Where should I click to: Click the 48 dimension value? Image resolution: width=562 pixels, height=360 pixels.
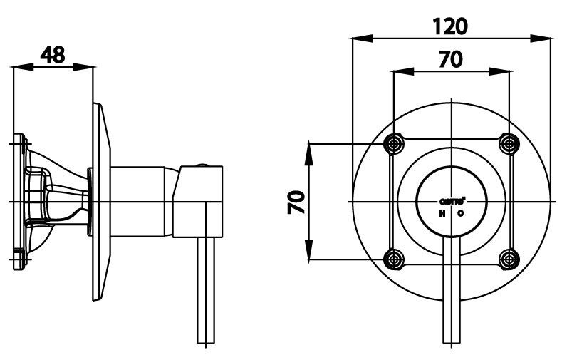[53, 54]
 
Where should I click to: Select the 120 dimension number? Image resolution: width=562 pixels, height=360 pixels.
[451, 26]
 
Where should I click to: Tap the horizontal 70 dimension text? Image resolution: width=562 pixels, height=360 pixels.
[450, 59]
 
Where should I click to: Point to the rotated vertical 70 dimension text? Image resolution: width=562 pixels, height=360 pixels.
[296, 202]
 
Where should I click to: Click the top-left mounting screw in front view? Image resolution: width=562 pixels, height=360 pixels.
[392, 144]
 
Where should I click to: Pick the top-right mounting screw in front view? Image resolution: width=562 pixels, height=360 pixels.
[509, 144]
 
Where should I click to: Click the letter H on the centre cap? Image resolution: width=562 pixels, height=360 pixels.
[442, 213]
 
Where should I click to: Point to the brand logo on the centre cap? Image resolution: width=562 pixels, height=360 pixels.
[451, 202]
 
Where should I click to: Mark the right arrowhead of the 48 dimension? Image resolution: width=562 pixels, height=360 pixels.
[88, 68]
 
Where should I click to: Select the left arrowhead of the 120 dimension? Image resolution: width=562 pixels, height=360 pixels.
[358, 39]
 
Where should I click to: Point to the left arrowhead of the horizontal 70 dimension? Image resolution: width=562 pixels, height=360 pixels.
[400, 71]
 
